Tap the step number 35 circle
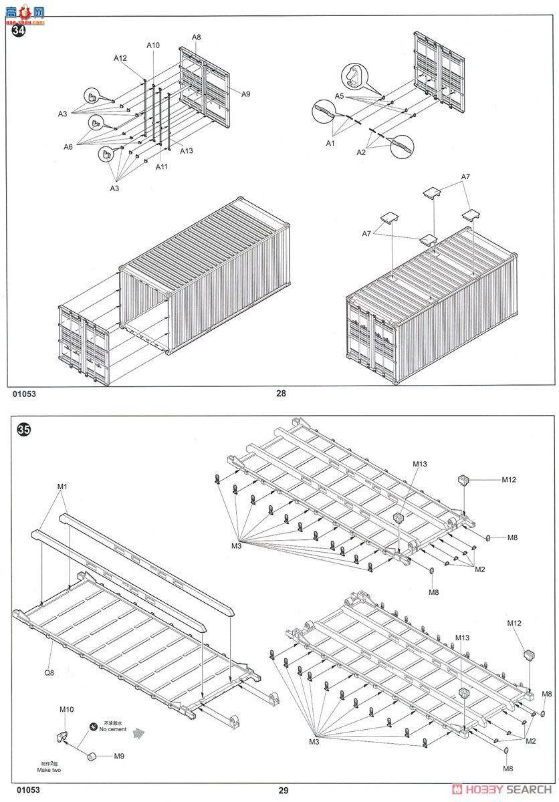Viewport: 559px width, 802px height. (23, 430)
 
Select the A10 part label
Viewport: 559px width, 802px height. (153, 45)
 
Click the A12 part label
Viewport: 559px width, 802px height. (120, 58)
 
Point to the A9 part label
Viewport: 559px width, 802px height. (245, 94)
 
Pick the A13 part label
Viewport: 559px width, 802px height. (186, 150)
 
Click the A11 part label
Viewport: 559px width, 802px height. (162, 166)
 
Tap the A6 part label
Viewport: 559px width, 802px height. (68, 146)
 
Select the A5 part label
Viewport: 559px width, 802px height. (339, 96)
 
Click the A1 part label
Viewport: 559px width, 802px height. (330, 143)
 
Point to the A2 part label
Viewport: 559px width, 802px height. (361, 152)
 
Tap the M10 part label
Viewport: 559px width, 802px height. (66, 709)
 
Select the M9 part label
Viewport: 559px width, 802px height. (118, 756)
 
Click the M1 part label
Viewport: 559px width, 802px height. (62, 487)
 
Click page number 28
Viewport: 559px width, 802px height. (281, 393)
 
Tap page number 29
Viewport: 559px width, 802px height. (284, 791)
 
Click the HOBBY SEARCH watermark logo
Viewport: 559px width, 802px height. (500, 789)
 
